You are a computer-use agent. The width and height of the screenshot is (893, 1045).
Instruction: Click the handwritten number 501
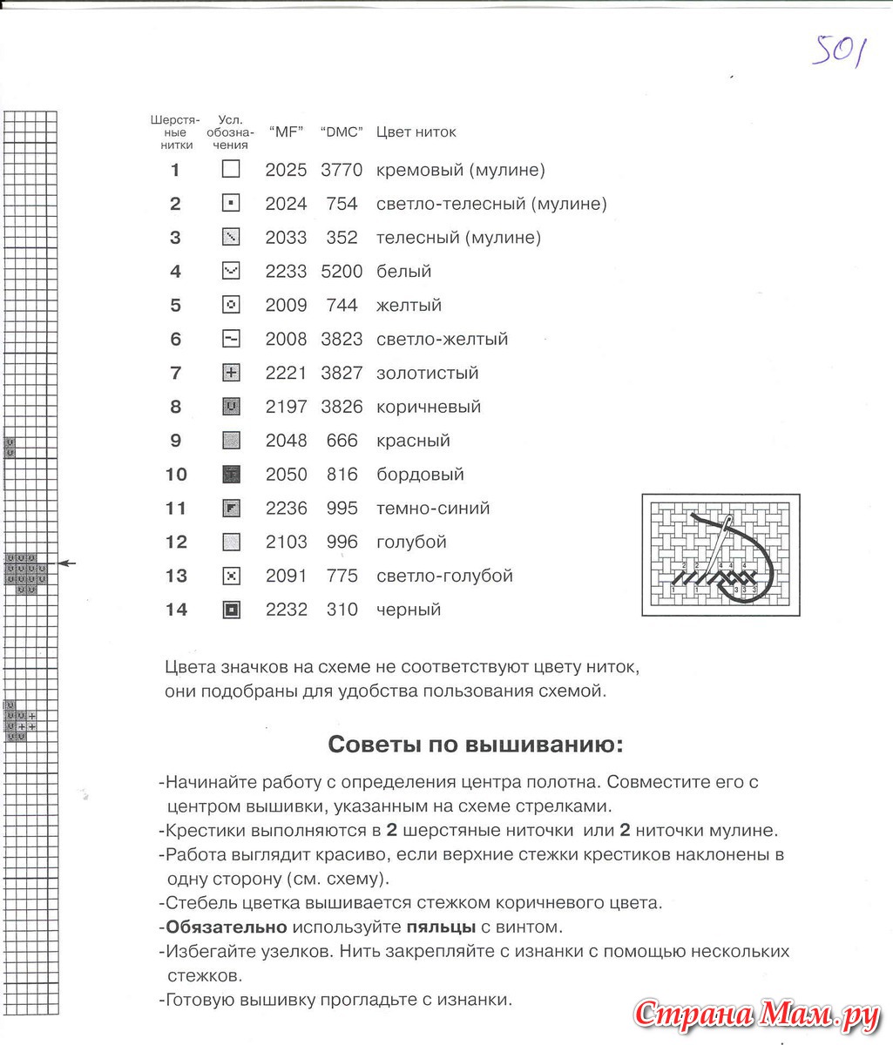[839, 51]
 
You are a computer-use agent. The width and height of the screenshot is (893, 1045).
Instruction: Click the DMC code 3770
[342, 170]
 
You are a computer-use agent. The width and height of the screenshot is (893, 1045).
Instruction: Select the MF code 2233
[286, 272]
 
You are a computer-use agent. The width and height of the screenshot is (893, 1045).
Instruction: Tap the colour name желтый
[409, 306]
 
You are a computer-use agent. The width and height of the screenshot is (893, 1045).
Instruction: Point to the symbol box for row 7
[231, 373]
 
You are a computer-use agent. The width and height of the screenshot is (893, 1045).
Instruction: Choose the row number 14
[176, 610]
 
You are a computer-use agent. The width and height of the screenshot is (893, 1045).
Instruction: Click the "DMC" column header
[342, 132]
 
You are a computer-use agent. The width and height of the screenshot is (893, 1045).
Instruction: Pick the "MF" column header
[286, 132]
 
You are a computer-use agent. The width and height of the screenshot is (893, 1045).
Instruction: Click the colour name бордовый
[420, 475]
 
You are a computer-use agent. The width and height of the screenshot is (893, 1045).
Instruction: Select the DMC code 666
[342, 441]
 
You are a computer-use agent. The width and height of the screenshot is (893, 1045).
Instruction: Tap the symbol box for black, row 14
[231, 610]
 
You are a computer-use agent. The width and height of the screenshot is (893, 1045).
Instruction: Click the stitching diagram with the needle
[720, 555]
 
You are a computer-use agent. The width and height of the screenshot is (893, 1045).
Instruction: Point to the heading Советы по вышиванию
[475, 745]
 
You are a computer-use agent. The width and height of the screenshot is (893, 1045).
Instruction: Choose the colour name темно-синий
[433, 509]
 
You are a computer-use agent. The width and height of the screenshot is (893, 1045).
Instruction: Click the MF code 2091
[286, 576]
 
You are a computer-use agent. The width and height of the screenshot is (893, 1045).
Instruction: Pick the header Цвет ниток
[416, 132]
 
